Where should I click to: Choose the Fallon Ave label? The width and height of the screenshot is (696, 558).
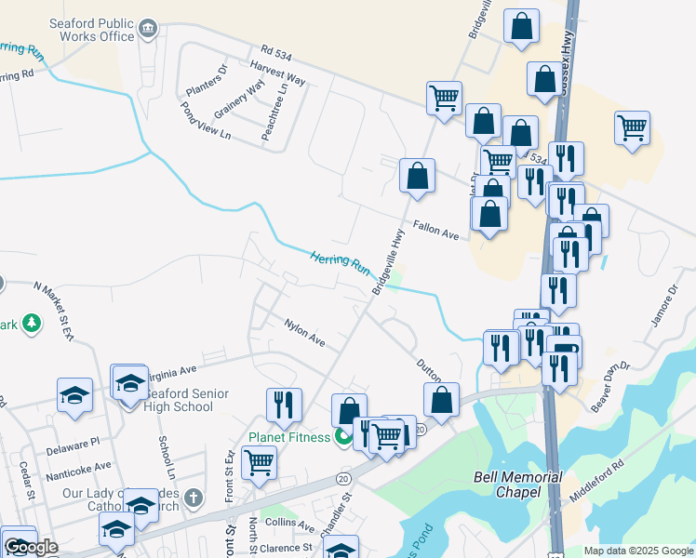pos(436,231)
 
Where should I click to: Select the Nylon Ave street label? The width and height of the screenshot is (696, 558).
pos(304,334)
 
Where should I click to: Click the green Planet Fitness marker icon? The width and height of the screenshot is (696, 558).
pos(344,434)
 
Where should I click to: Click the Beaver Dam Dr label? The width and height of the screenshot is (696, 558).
pos(612,386)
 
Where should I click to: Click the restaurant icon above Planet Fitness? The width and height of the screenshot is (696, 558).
pos(284,403)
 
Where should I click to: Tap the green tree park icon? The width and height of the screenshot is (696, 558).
pos(32,323)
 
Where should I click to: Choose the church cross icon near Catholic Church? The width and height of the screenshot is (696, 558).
pos(193,498)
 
